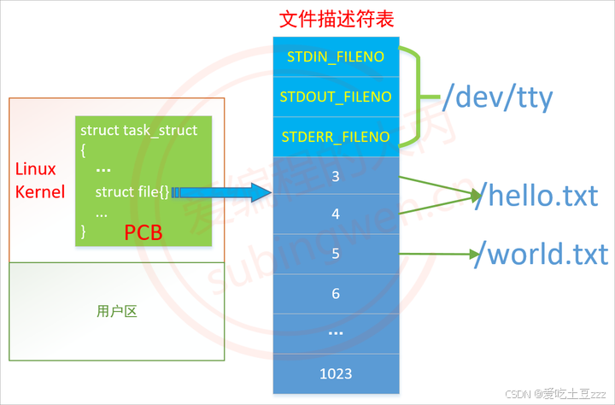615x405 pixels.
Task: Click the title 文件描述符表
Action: click(335, 18)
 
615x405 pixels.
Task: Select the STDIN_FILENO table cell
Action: click(335, 56)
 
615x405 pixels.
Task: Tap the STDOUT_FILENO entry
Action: click(335, 97)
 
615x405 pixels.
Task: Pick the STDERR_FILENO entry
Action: click(335, 137)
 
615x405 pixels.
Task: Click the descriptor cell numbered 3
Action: click(335, 176)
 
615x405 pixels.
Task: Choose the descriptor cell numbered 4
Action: click(335, 214)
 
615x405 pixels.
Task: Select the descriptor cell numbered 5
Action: click(335, 254)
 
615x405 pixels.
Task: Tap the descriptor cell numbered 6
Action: click(335, 293)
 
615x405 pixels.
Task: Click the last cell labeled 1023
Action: click(335, 373)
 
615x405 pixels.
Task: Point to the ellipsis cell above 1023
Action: click(335, 332)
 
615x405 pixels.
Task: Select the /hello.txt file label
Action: click(536, 197)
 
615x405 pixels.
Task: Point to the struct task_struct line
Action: click(138, 131)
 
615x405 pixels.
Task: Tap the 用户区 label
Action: click(117, 312)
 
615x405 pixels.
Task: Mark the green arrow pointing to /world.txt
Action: click(436, 254)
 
